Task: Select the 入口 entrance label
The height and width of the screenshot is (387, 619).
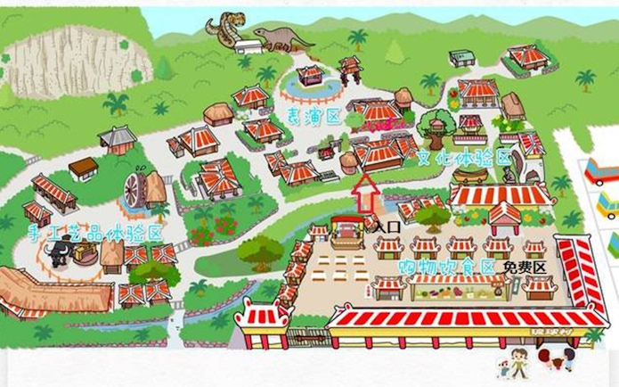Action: pos(387,227)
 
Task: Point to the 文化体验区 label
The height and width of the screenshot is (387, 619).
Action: pos(464,158)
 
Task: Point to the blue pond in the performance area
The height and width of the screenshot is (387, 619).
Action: pos(310,87)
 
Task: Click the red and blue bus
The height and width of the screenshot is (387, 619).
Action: pos(602,170)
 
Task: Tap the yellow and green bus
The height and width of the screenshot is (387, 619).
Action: pos(607,206)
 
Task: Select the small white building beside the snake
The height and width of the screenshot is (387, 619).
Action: pos(462,58)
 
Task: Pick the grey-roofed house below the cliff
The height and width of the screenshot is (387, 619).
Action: pos(118,139)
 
